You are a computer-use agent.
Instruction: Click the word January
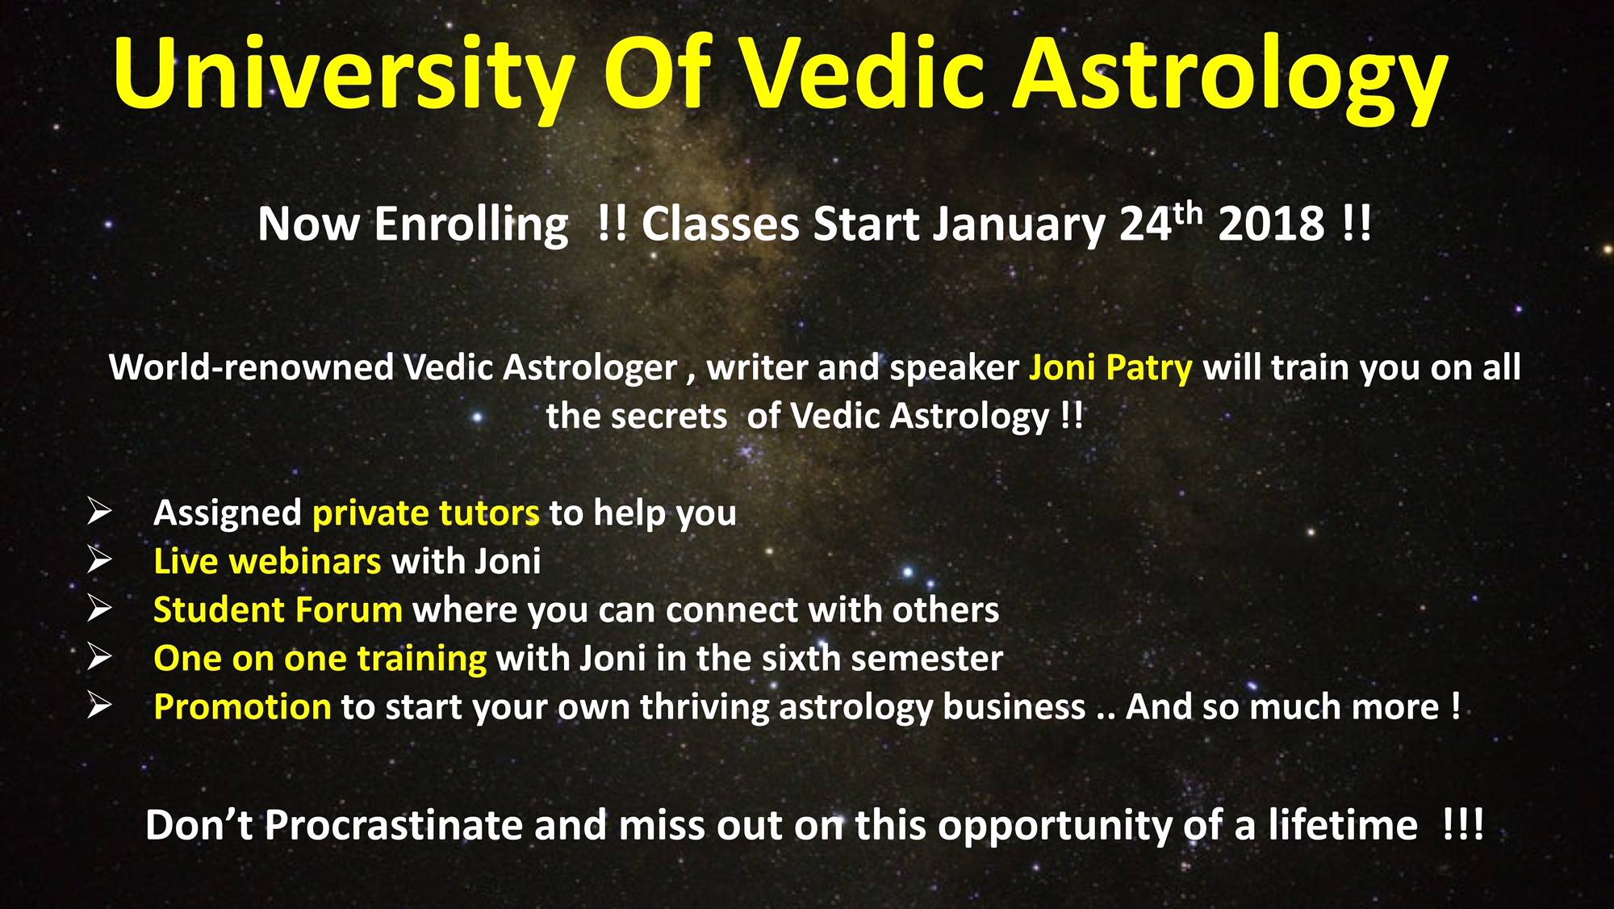pyautogui.click(x=1019, y=226)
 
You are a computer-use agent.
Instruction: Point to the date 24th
pyautogui.click(x=1160, y=222)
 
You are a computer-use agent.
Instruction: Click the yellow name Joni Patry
pyautogui.click(x=1110, y=368)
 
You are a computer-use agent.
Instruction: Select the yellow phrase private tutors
pyautogui.click(x=426, y=513)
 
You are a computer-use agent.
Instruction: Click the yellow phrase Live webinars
pyautogui.click(x=267, y=561)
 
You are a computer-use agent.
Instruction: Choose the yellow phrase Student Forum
pyautogui.click(x=278, y=609)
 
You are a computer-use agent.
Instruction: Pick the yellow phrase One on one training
pyautogui.click(x=320, y=659)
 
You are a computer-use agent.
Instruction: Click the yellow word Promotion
pyautogui.click(x=242, y=707)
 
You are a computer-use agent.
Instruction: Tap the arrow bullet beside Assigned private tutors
pyautogui.click(x=100, y=511)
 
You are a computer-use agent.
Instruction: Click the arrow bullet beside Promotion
pyautogui.click(x=100, y=705)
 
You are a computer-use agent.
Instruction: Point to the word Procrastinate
pyautogui.click(x=395, y=825)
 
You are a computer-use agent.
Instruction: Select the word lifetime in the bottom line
pyautogui.click(x=1342, y=825)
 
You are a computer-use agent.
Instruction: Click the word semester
pyautogui.click(x=926, y=659)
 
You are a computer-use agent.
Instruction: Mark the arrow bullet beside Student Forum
pyautogui.click(x=100, y=608)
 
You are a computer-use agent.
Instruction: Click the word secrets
pyautogui.click(x=637, y=417)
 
